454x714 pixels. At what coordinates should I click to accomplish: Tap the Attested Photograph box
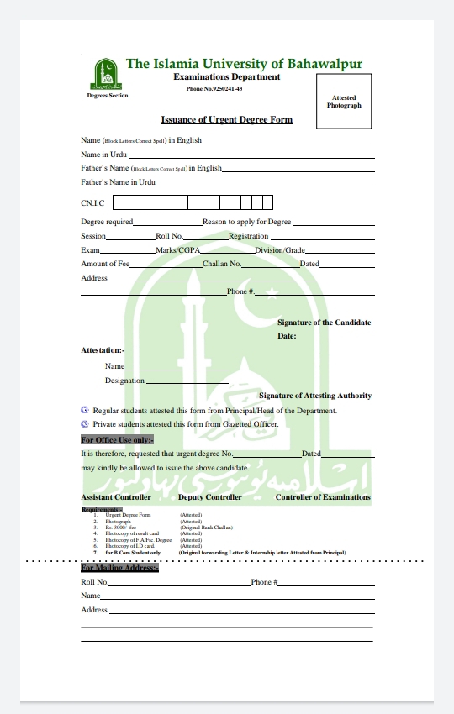point(344,102)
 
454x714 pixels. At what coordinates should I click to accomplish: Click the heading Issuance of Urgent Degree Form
point(227,120)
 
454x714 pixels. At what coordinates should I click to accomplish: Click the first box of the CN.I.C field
point(119,202)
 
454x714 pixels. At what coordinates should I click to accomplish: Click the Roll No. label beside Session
point(169,236)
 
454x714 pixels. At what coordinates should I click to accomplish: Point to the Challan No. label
point(222,264)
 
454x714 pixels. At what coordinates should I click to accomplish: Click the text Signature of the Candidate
point(324,323)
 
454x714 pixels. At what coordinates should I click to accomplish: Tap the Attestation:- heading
point(102,349)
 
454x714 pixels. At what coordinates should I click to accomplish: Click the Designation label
point(124,381)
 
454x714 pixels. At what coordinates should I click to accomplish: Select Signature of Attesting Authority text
point(315,396)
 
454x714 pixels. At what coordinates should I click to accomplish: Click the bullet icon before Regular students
point(85,410)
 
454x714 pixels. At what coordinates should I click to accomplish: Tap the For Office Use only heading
point(117,439)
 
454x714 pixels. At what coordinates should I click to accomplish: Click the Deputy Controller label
point(209,497)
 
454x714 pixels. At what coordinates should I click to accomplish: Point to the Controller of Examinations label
point(323,497)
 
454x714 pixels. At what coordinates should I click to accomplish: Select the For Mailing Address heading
point(119,569)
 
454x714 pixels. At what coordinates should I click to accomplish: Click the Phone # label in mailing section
point(264,582)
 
